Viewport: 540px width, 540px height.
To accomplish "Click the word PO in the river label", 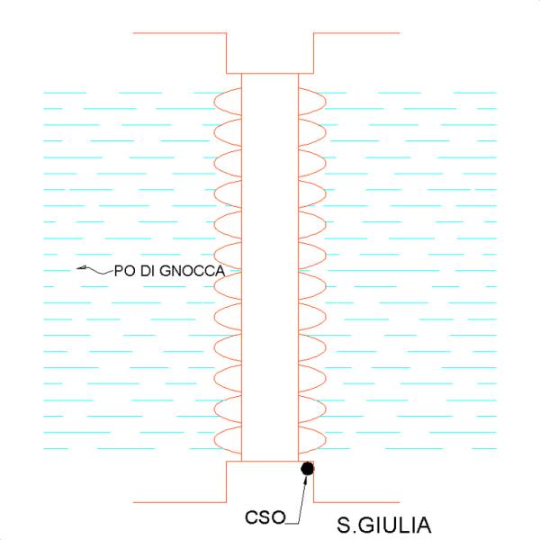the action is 123,270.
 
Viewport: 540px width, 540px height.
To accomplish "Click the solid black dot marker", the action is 307,468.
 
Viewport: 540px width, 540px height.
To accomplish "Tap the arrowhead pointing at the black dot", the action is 306,480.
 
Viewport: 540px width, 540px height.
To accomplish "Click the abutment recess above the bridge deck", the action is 270,54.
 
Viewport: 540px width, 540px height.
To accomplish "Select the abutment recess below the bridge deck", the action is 270,481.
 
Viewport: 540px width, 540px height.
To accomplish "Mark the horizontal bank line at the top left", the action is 178,33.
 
